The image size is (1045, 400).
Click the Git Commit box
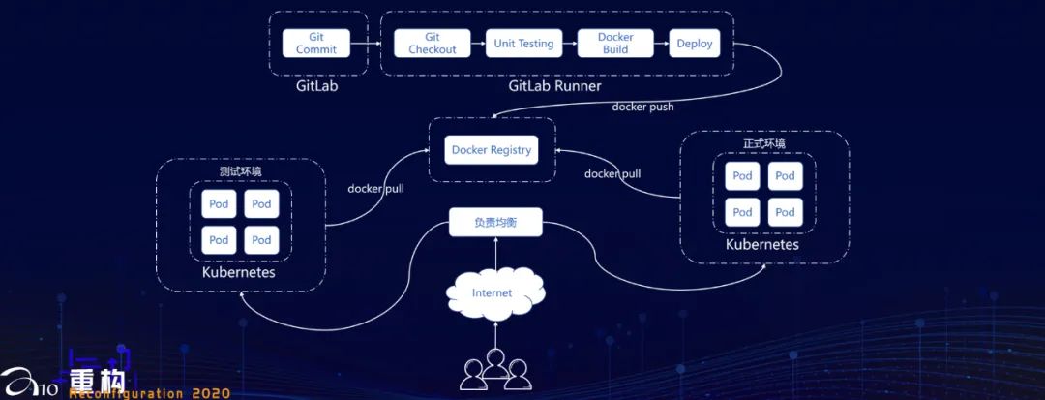(x=316, y=44)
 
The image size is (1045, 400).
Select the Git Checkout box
(x=432, y=44)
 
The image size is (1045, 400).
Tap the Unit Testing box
(x=523, y=44)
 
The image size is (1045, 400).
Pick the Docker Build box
(x=615, y=44)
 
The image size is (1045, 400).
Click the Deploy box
(x=695, y=44)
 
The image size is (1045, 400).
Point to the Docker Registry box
(x=492, y=150)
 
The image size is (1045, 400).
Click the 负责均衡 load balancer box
(x=495, y=222)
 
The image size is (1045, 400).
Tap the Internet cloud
(x=494, y=293)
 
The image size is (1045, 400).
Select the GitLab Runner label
(x=555, y=86)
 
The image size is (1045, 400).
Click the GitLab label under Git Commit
(x=317, y=86)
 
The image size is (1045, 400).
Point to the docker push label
(x=642, y=107)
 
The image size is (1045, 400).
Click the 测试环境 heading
(x=241, y=171)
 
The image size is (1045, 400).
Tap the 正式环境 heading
(x=764, y=143)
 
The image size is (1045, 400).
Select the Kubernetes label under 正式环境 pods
(x=761, y=245)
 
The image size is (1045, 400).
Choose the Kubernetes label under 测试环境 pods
(x=239, y=273)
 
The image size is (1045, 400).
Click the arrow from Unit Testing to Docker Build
(x=570, y=44)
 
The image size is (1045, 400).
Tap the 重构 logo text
(x=97, y=381)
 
